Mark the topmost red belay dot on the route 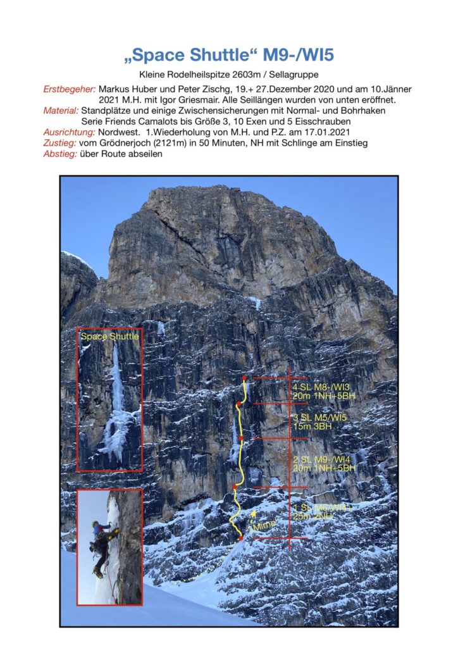[244, 378]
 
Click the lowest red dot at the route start [241, 538]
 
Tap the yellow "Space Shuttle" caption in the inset [109, 337]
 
